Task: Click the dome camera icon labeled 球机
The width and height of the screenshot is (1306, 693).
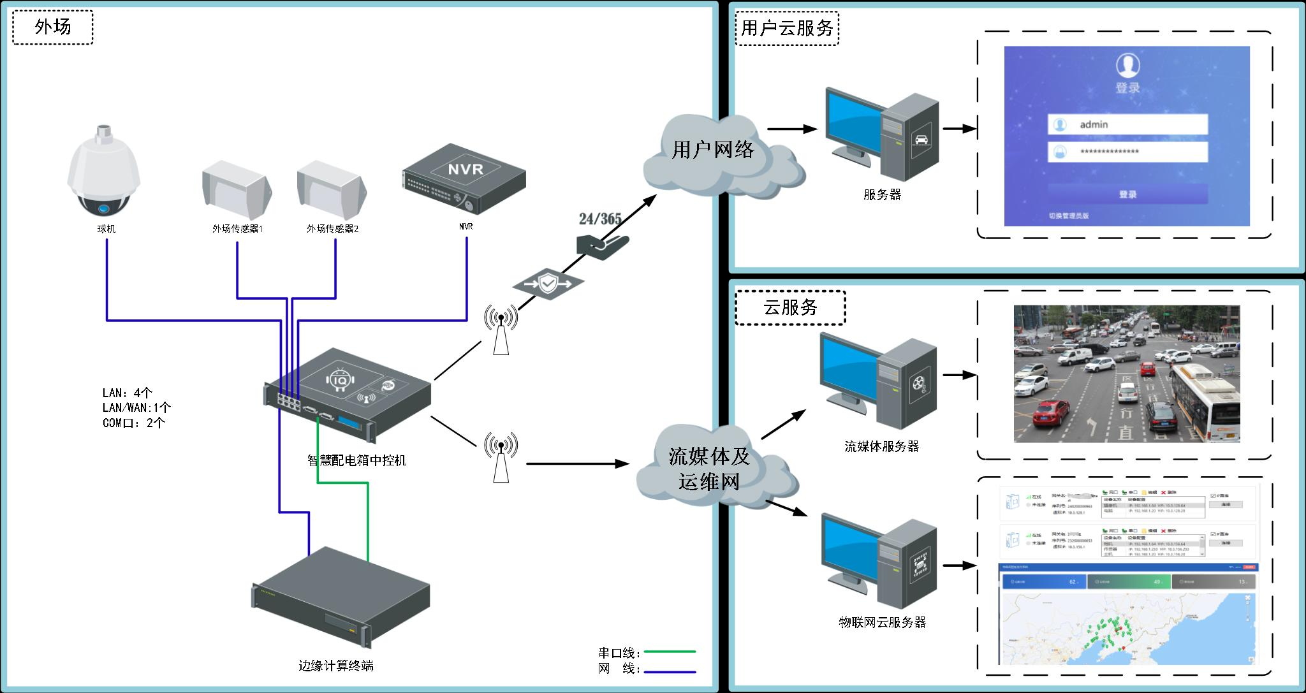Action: click(x=104, y=172)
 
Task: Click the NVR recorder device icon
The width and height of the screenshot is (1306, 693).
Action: click(x=465, y=179)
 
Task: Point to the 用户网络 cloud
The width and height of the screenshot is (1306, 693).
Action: click(x=713, y=150)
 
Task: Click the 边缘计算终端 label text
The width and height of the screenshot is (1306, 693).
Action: click(x=336, y=666)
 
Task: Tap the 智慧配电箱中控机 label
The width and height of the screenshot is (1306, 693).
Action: click(x=356, y=460)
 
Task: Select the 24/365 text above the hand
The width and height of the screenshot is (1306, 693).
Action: click(x=600, y=219)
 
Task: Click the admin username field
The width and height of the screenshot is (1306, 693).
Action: click(x=1127, y=125)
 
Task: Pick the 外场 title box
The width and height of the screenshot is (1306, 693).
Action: click(x=53, y=27)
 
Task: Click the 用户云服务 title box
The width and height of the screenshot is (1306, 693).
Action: click(x=787, y=28)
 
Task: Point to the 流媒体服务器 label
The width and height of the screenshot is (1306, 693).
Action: click(x=881, y=447)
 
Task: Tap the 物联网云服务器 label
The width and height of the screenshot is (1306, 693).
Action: click(x=882, y=622)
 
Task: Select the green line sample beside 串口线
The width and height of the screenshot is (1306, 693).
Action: click(x=670, y=652)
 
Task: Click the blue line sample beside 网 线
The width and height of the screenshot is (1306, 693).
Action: click(x=670, y=672)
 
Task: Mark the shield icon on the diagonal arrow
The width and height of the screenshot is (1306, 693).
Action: click(x=548, y=282)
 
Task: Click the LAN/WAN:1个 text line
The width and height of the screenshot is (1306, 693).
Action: click(x=136, y=407)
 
